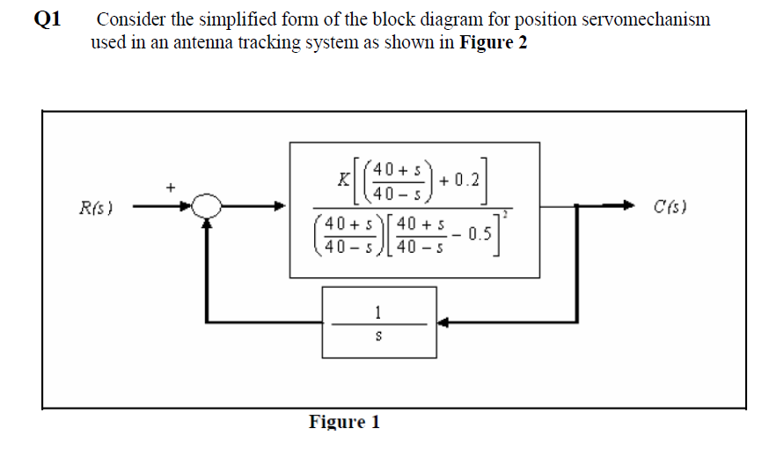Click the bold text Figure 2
[x=494, y=43]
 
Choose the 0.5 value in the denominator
[x=481, y=234]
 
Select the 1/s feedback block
[x=378, y=321]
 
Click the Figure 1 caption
[x=344, y=422]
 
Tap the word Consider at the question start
[x=130, y=19]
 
